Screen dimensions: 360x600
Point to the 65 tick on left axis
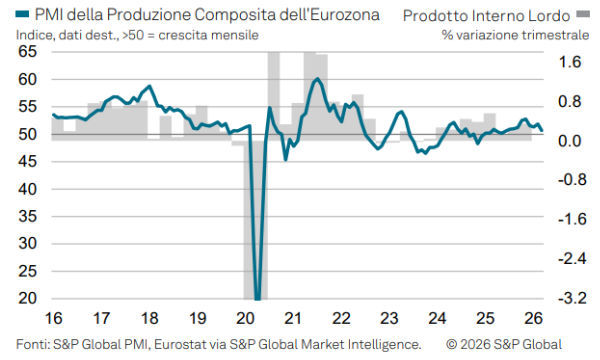point(27,52)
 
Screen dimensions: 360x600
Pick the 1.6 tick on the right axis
point(568,61)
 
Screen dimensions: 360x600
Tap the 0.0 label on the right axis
point(568,140)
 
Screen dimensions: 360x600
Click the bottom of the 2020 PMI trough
point(258,298)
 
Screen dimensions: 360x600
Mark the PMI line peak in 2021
point(317,79)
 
